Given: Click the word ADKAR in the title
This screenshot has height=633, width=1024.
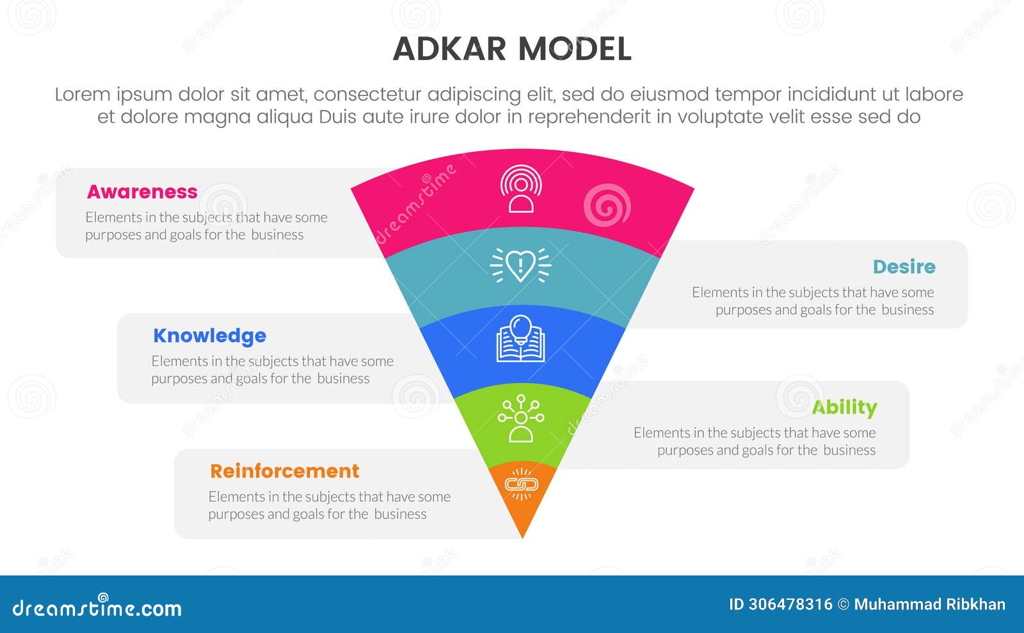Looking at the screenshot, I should (x=449, y=49).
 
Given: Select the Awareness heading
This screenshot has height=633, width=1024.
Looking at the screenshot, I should (x=142, y=192).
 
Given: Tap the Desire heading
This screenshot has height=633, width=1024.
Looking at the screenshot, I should (x=904, y=267).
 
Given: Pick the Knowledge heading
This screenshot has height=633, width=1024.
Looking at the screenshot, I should (x=209, y=336).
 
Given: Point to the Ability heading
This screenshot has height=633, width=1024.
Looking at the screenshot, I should (x=844, y=407).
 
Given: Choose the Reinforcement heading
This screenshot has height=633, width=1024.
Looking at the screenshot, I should (x=285, y=471).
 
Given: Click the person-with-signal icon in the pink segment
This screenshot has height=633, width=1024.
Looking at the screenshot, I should (x=521, y=189).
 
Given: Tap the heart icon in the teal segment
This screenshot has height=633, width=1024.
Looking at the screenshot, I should (x=520, y=265).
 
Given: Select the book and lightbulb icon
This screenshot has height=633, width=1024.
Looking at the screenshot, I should (x=520, y=339).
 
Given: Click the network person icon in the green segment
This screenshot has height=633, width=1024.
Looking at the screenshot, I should (x=520, y=418).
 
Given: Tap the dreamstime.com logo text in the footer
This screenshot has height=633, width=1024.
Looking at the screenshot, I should (x=97, y=607).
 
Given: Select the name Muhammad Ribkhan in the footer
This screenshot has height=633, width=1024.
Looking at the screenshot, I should (x=929, y=604).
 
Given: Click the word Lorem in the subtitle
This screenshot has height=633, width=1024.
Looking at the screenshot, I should (x=82, y=95).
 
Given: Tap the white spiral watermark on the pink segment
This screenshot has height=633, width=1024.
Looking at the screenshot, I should (x=607, y=205).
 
